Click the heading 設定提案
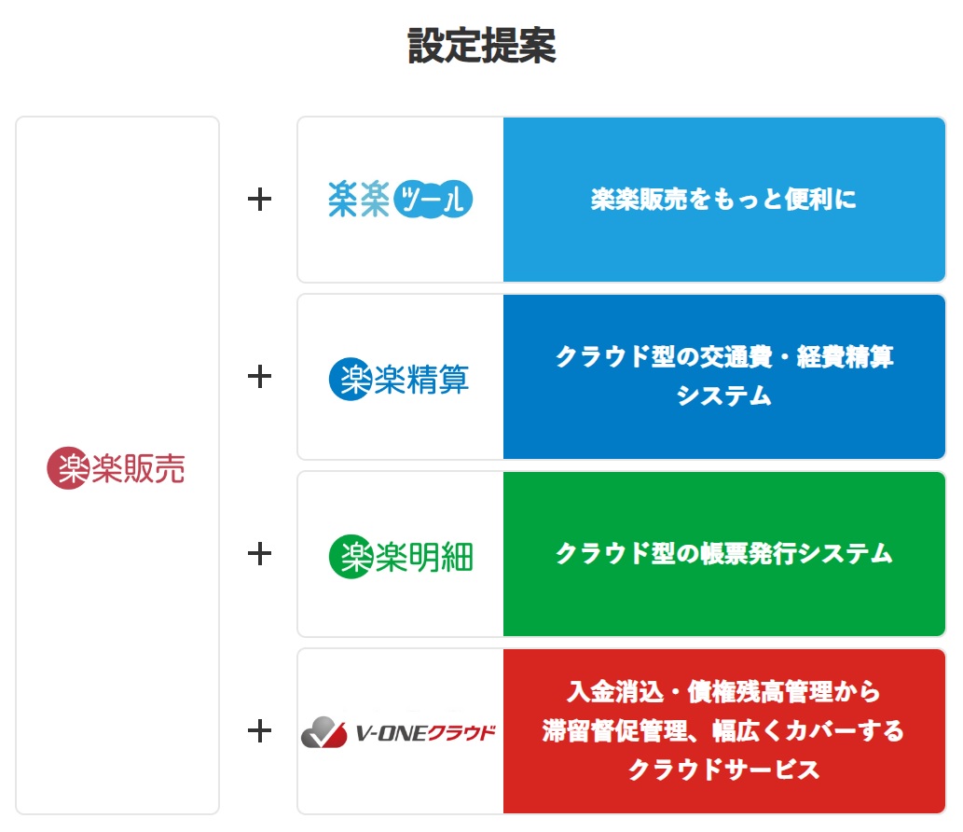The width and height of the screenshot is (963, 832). coord(482,46)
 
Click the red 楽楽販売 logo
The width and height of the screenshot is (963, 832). coord(116,468)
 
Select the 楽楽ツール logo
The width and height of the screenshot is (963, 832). coord(401,199)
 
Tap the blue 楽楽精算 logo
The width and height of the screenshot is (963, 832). coord(399,379)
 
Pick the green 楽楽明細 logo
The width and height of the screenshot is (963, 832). coord(401,557)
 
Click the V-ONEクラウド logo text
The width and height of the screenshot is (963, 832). coord(426,733)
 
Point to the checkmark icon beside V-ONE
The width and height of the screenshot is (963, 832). coord(323,732)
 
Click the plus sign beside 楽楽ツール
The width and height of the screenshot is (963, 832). coord(259,199)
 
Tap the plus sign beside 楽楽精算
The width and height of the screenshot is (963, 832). coord(259,376)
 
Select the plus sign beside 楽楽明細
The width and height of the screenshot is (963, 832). coord(259,554)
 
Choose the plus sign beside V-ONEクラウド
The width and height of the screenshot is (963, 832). coord(259,730)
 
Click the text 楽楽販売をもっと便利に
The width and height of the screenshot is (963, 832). coord(723,199)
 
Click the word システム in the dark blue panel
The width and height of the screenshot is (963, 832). coord(724,395)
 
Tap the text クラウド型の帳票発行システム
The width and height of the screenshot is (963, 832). coord(724,554)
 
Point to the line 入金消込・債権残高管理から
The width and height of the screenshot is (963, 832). coord(723,692)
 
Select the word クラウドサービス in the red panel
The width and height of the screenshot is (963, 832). coord(723,770)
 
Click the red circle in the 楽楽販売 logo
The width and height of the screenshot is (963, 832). coord(68,468)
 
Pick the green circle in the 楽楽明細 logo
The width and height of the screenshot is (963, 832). coord(351,557)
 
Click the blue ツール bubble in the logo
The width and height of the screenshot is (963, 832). coord(433,199)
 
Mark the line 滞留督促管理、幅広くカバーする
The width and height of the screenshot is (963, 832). coord(723,730)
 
